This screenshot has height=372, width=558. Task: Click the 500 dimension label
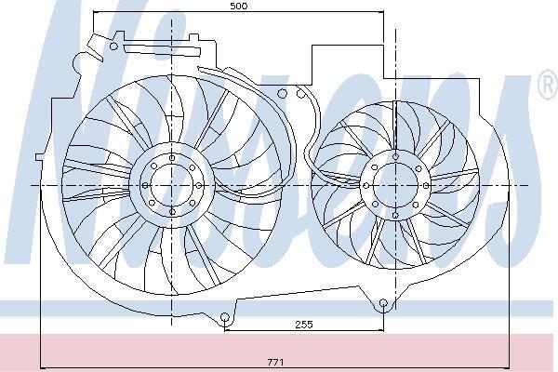click(238, 7)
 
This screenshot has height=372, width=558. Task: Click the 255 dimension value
click(304, 325)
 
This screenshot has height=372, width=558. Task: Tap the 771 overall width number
click(275, 363)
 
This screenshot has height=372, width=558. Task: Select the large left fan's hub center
click(172, 185)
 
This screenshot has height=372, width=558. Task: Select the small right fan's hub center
click(396, 185)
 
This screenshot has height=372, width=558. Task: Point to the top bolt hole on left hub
click(172, 158)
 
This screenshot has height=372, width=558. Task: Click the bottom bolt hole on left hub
click(172, 212)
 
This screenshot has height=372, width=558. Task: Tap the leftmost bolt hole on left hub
click(145, 185)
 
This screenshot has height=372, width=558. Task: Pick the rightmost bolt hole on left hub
click(199, 185)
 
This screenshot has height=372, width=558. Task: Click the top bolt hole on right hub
click(396, 157)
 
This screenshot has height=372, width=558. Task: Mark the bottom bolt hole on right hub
click(395, 216)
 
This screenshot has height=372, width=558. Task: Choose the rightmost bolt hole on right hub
click(426, 185)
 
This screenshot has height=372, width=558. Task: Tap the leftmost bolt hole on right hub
click(366, 185)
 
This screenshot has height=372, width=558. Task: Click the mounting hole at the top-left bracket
click(113, 46)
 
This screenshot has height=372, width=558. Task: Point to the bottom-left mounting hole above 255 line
click(224, 316)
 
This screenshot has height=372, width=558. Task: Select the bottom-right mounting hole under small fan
click(383, 303)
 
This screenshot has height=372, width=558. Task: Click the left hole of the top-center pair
click(282, 94)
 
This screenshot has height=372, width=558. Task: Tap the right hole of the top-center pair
click(300, 94)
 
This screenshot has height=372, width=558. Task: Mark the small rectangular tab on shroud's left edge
click(39, 157)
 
